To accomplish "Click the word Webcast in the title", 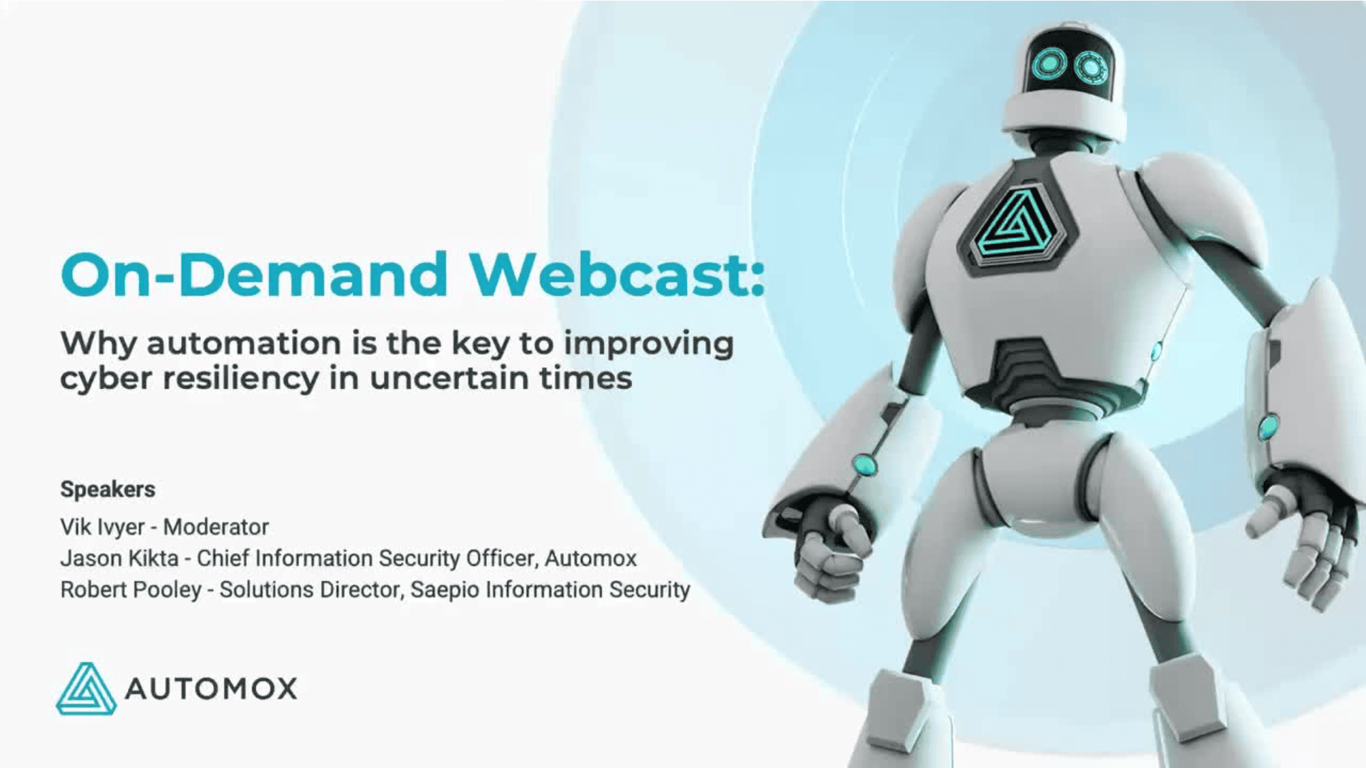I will (617, 275).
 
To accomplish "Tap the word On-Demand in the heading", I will (254, 275).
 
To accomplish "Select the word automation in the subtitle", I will (243, 343).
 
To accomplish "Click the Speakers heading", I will (108, 489).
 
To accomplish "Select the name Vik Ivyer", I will (102, 527).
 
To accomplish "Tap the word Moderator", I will (216, 527).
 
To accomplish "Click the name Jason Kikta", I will (119, 558).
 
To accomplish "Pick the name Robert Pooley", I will (131, 590).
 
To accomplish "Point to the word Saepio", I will (444, 590).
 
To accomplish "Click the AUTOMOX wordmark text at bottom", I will (211, 689).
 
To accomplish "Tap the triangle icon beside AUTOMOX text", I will (86, 690).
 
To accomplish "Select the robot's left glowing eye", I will (1049, 64).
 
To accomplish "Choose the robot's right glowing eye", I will (1091, 68).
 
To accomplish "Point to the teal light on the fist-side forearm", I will (864, 464).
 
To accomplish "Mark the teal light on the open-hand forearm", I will (1268, 427).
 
